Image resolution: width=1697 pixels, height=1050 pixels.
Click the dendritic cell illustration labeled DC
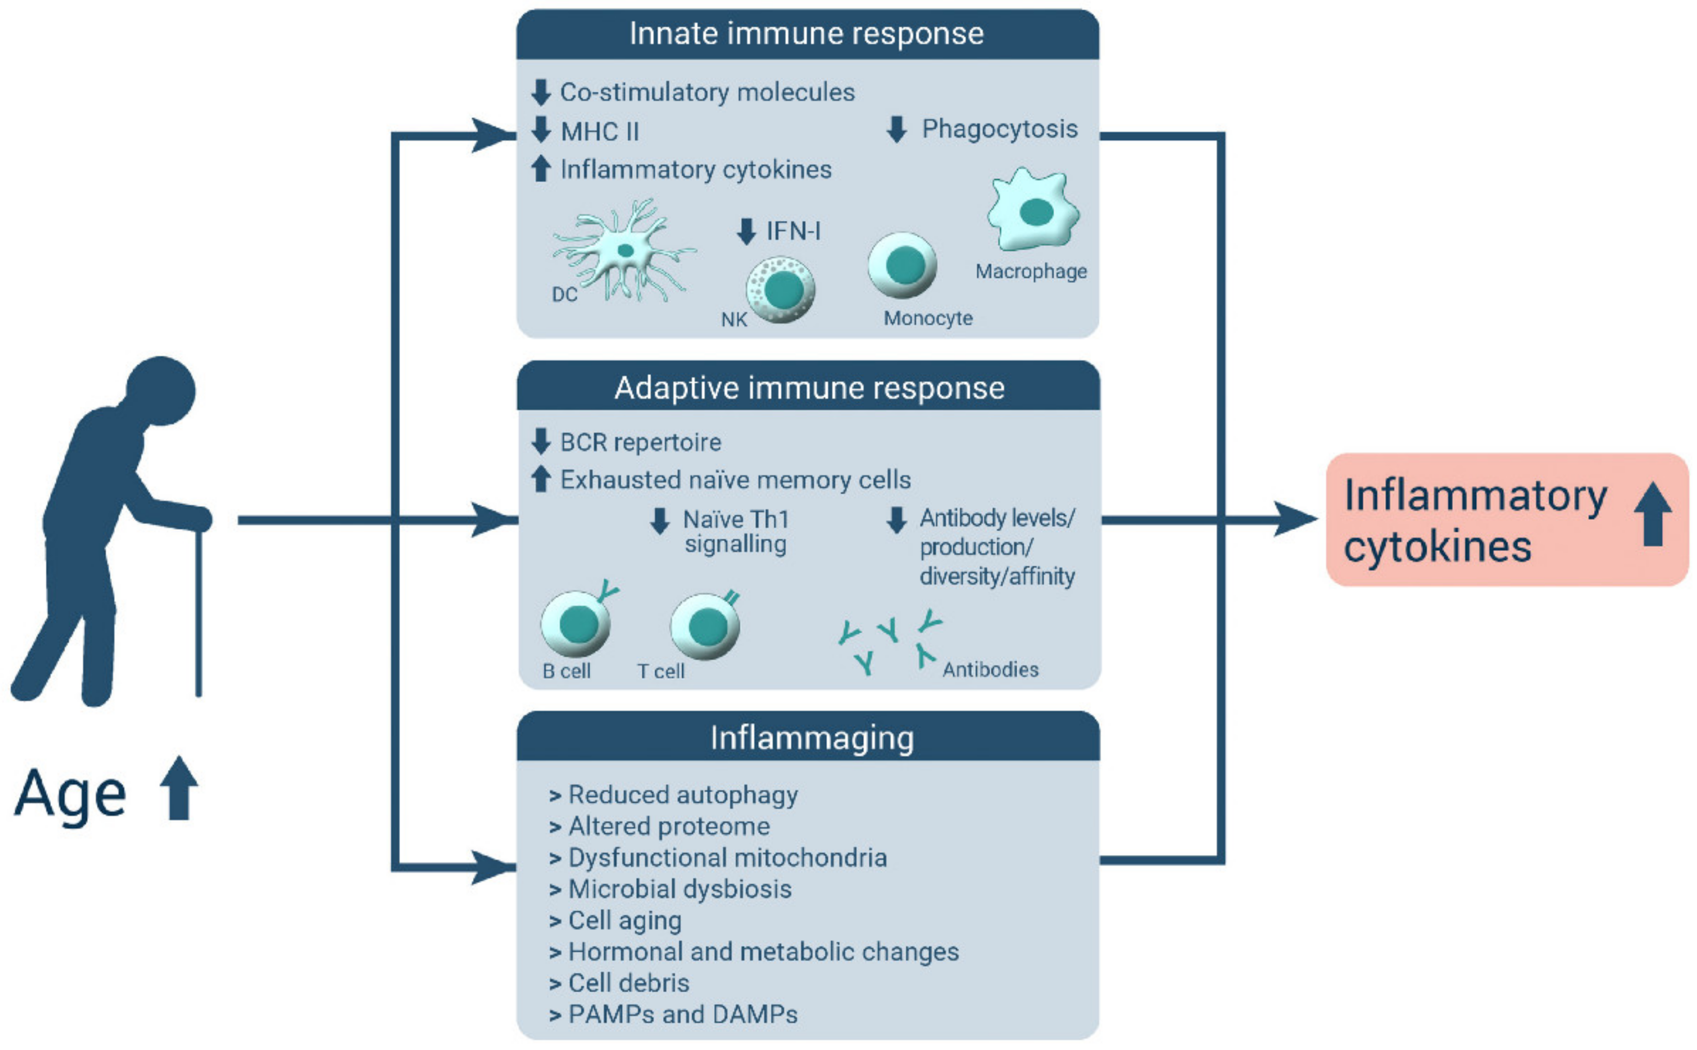coord(623,252)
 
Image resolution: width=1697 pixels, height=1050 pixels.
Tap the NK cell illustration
coord(780,290)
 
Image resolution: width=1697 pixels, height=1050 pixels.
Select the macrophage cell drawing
coord(1033,210)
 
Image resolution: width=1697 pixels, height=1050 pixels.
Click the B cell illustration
coord(576,623)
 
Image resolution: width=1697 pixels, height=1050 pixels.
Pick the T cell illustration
coord(705,626)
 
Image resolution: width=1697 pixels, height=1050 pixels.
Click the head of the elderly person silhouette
coord(161,391)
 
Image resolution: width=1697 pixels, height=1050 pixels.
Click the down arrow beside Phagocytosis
coord(897,129)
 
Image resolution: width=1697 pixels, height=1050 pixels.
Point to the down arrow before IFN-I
coord(746,231)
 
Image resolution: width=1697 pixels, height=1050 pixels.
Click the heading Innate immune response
coord(806,34)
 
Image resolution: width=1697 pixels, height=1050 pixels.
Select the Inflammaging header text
coord(812,738)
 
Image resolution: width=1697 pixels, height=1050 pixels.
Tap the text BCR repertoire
coord(640,442)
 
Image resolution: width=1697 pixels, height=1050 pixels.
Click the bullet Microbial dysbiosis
coord(679,889)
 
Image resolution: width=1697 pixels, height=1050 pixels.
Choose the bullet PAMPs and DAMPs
coord(682,1014)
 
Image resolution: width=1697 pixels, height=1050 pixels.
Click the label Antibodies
coord(990,669)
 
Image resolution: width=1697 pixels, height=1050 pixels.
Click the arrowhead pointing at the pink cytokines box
coord(1295,519)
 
